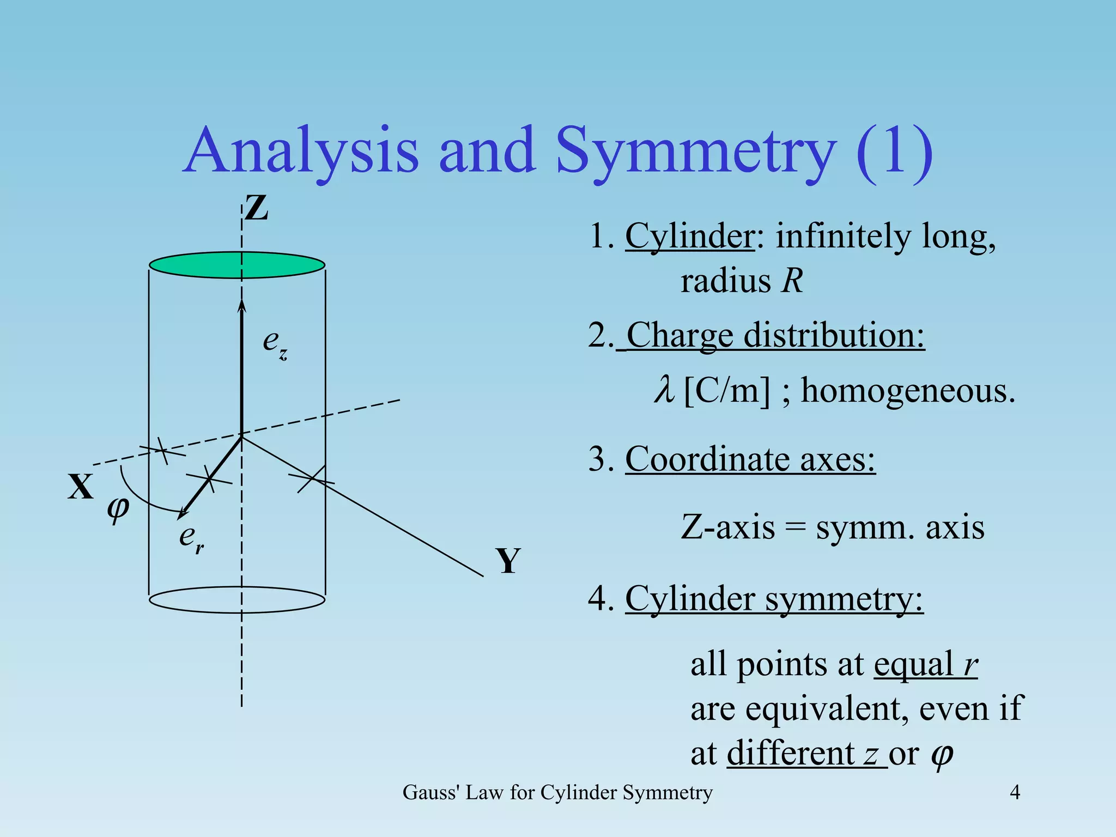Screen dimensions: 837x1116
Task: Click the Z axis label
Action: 256,208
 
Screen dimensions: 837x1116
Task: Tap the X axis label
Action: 81,487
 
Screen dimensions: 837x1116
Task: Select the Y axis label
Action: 508,561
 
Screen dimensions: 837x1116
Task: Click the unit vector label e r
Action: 191,538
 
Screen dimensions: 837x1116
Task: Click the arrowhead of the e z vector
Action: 242,306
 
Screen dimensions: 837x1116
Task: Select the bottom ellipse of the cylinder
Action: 237,600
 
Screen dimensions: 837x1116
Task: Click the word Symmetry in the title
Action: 695,150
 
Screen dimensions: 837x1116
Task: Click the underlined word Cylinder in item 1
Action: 689,237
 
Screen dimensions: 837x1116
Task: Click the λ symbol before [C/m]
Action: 664,391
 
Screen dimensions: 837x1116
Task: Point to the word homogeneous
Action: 908,392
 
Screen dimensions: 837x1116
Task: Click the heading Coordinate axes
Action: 750,459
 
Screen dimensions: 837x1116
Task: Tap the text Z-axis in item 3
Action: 727,527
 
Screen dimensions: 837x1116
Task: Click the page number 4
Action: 1015,792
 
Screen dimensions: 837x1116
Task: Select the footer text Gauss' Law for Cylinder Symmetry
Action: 557,792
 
